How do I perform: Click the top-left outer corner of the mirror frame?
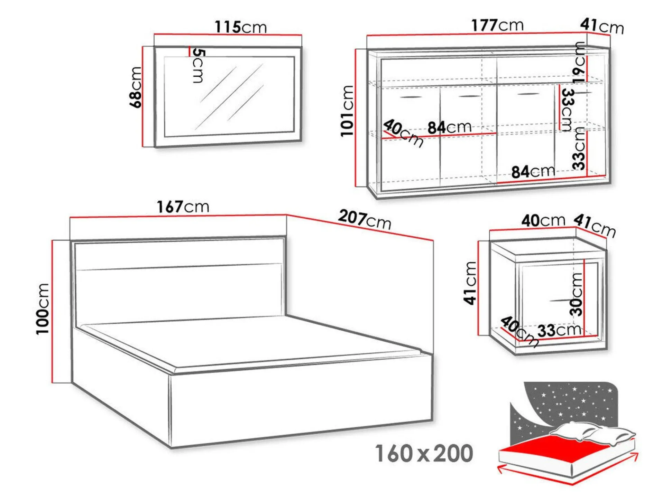click(x=155, y=47)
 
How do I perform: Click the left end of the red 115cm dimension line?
click(x=154, y=34)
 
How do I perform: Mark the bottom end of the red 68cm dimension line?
click(x=143, y=146)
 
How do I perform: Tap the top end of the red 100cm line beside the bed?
click(x=52, y=240)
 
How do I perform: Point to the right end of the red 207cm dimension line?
click(x=433, y=240)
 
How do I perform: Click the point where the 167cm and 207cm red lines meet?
click(x=286, y=215)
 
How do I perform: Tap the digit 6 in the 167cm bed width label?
click(x=171, y=207)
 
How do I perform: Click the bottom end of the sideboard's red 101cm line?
click(x=356, y=187)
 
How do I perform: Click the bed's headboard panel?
click(x=179, y=278)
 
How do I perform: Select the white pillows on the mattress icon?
click(x=592, y=433)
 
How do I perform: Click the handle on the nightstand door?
click(x=562, y=301)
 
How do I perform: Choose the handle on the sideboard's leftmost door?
click(x=412, y=97)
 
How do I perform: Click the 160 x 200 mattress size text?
click(x=424, y=453)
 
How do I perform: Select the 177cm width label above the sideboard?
click(x=497, y=25)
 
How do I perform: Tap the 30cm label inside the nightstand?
click(x=576, y=294)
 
